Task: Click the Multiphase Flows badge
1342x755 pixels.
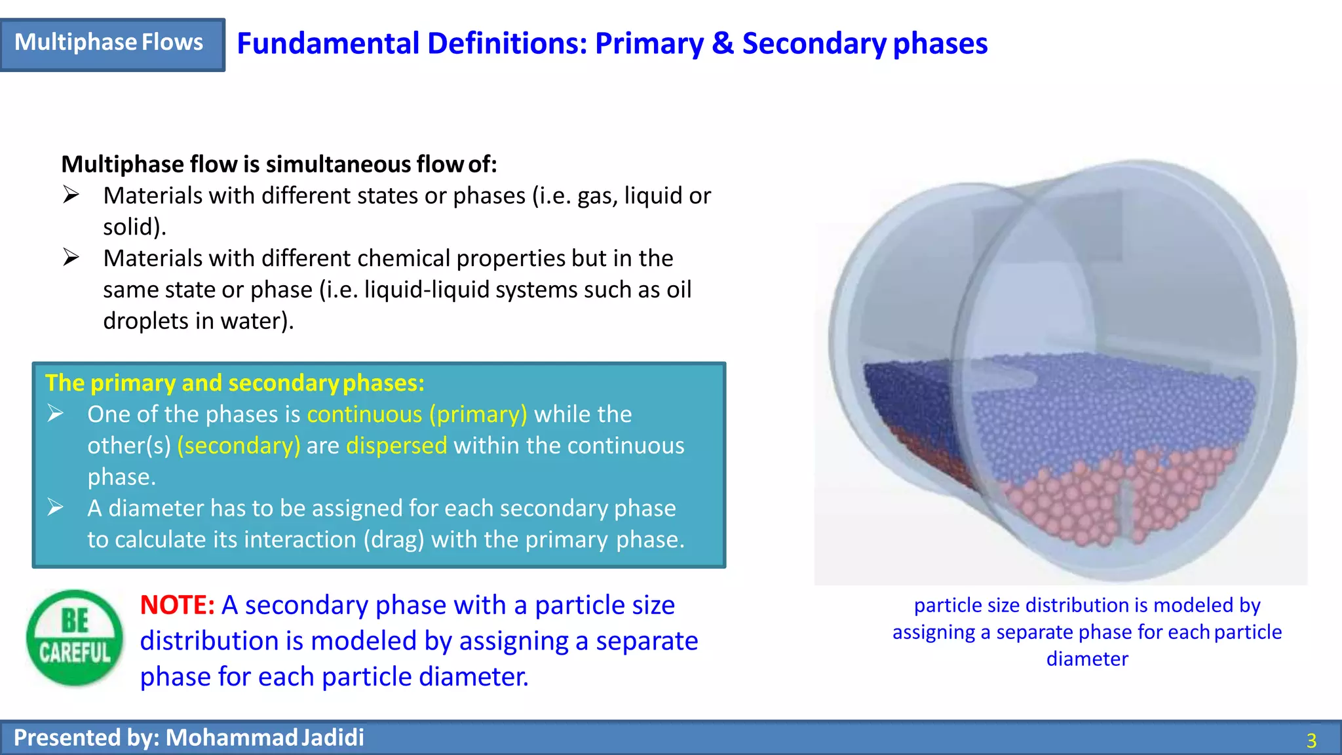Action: click(111, 43)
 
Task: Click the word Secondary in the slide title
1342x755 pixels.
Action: click(814, 44)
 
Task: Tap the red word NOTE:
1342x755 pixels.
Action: click(177, 605)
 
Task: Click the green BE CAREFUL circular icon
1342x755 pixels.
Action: click(75, 638)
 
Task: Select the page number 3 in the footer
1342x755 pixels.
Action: click(1311, 741)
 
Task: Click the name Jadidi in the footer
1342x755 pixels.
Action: click(333, 737)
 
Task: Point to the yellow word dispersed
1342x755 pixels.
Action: click(396, 446)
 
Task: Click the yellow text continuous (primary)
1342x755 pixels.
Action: click(417, 414)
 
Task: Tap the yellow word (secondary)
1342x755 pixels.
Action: click(239, 446)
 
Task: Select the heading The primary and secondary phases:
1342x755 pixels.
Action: click(235, 383)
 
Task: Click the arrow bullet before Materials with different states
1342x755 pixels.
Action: click(71, 195)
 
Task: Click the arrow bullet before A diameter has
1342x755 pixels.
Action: click(56, 508)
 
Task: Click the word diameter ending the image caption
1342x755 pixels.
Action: click(1087, 659)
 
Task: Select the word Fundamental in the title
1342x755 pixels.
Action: click(328, 44)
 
